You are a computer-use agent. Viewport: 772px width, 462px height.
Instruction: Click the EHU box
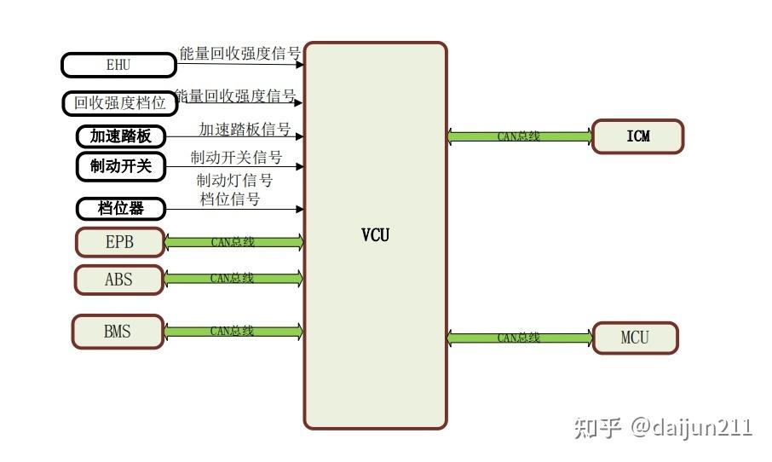(118, 65)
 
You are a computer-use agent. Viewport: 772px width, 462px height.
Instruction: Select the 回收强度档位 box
(119, 103)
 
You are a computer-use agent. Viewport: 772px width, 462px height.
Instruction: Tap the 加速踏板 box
(120, 136)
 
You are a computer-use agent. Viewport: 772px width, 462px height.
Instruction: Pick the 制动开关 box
(120, 166)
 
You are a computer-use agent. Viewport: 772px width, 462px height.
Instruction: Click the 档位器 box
(120, 208)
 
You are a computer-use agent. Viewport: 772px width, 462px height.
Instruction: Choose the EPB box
(119, 242)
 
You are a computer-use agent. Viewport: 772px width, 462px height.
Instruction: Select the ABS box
(118, 279)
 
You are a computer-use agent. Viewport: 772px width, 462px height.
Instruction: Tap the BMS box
(118, 332)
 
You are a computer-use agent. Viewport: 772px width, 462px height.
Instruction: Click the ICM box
(637, 136)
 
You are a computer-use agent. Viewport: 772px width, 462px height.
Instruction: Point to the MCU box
(635, 338)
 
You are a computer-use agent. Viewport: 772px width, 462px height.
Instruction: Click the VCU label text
(375, 234)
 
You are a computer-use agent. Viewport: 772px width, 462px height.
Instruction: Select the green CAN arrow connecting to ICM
(519, 136)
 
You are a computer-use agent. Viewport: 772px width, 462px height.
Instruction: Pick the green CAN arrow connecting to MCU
(519, 338)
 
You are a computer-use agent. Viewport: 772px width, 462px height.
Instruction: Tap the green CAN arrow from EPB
(233, 242)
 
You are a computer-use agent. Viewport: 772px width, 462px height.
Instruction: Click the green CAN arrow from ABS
(233, 278)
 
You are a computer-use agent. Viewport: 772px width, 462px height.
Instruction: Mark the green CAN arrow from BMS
(233, 332)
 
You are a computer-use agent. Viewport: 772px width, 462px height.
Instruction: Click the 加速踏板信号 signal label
(245, 130)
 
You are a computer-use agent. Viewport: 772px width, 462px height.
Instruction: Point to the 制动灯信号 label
(234, 180)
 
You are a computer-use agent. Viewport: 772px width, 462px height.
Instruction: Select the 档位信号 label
(230, 199)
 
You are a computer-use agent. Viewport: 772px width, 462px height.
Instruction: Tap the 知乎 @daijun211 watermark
(664, 427)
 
